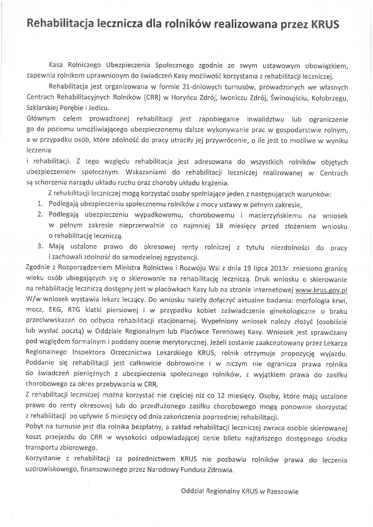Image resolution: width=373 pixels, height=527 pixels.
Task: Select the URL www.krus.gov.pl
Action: [321, 290]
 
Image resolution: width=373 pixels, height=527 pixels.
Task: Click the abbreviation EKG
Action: [58, 311]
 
